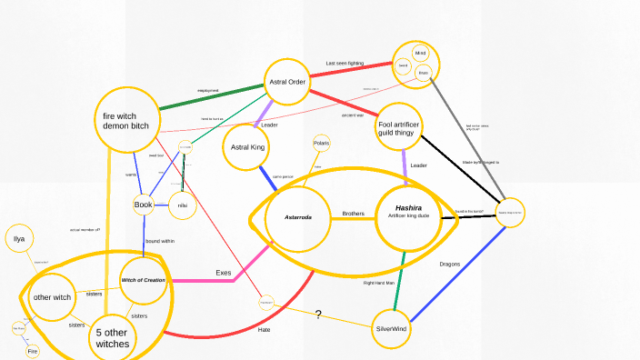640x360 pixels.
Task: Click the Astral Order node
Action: (x=287, y=83)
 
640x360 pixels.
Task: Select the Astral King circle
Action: (x=247, y=146)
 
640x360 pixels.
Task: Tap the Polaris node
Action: (x=321, y=143)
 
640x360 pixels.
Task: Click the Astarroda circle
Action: (x=298, y=218)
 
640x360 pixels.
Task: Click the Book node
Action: (x=144, y=205)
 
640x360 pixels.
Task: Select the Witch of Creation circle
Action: (x=144, y=280)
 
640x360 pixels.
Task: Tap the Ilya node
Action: (x=18, y=240)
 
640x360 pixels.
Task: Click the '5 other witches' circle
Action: (x=113, y=338)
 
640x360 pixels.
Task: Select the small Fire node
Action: (x=32, y=350)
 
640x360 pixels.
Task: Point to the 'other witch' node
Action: (x=52, y=297)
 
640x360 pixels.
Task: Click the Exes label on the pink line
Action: (x=224, y=273)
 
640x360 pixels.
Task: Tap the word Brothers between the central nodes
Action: (x=353, y=215)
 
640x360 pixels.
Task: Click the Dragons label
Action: (x=450, y=264)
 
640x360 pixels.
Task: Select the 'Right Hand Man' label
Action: (x=378, y=283)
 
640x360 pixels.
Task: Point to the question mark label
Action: (x=318, y=315)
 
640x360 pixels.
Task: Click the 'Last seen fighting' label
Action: (x=345, y=64)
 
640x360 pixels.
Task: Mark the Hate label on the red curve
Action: (x=264, y=329)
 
